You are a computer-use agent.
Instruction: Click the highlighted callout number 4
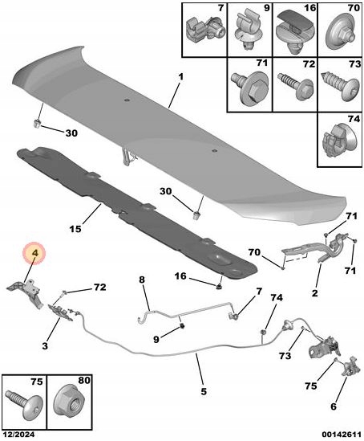[x=34, y=253]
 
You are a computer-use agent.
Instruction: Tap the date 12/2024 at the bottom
[x=18, y=435]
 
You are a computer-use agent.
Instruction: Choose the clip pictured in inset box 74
[x=341, y=140]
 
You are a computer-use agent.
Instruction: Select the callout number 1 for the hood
[x=180, y=77]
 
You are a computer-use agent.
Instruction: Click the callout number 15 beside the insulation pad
[x=75, y=229]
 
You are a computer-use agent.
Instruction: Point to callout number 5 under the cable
[x=204, y=391]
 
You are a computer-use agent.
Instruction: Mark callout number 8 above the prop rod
[x=142, y=280]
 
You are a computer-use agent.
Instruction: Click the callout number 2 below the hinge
[x=315, y=293]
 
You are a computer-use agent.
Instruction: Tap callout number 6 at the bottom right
[x=333, y=406]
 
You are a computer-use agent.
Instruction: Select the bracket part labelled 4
[x=26, y=292]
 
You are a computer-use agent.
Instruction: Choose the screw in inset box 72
[x=295, y=85]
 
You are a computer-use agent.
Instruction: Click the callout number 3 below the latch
[x=45, y=345]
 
